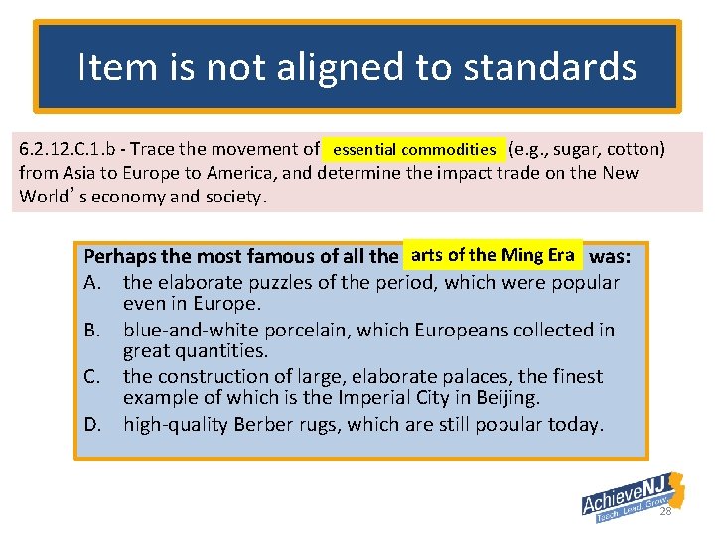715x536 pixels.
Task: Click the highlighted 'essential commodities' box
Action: [414, 150]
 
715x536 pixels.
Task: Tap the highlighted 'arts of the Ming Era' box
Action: [493, 256]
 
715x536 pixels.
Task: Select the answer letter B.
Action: [93, 330]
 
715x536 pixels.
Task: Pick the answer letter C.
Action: [93, 377]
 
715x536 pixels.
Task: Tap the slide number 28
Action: [664, 511]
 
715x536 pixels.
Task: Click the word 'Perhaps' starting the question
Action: [118, 256]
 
